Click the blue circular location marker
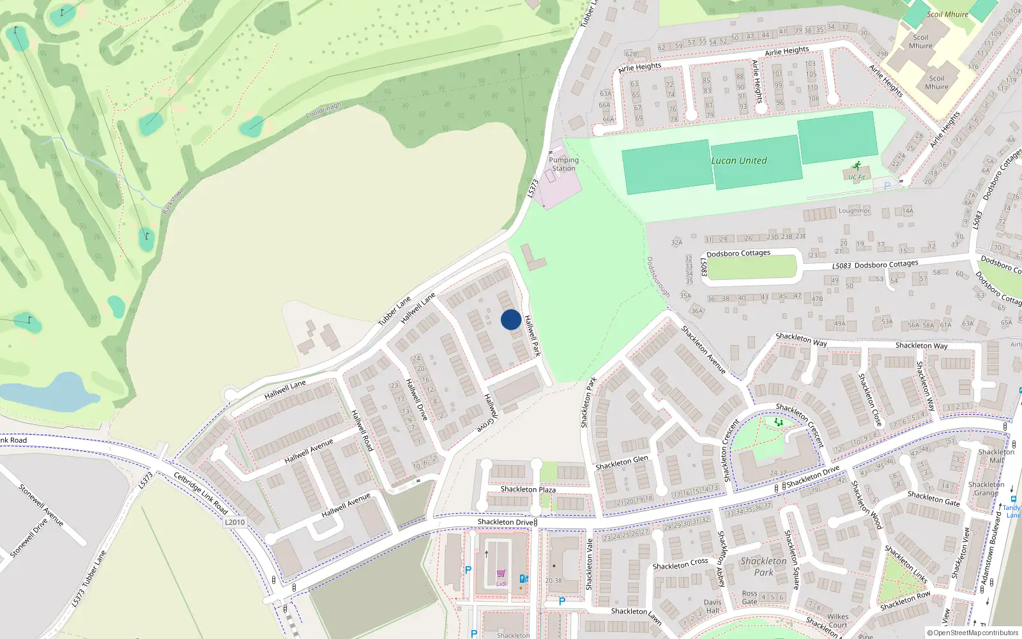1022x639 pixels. click(511, 319)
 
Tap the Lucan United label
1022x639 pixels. click(739, 160)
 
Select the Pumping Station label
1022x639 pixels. click(563, 164)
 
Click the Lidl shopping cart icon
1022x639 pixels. click(501, 574)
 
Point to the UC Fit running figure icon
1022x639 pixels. click(857, 166)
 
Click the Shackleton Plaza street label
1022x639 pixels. click(528, 489)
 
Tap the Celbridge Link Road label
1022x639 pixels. click(201, 493)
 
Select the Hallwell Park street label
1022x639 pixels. click(532, 335)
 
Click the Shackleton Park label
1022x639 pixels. click(764, 566)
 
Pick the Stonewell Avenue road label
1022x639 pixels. click(41, 505)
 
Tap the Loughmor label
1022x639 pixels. click(854, 211)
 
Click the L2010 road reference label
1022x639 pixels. click(234, 522)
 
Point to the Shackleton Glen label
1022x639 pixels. click(622, 463)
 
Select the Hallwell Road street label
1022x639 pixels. click(362, 431)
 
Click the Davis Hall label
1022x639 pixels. click(713, 606)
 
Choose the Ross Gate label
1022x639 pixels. click(749, 597)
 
